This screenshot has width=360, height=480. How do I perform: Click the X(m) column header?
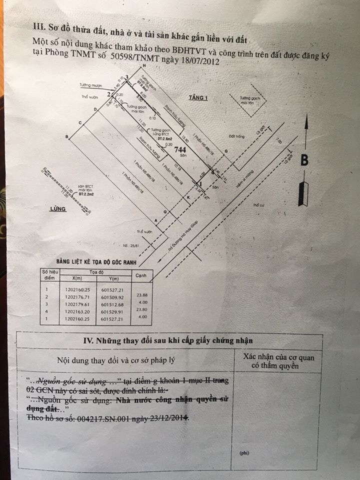(78, 278)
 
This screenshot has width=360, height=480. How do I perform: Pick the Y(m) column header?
(113, 278)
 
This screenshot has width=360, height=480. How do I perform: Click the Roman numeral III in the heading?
(37, 25)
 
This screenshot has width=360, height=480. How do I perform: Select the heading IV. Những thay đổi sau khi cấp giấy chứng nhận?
(167, 340)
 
